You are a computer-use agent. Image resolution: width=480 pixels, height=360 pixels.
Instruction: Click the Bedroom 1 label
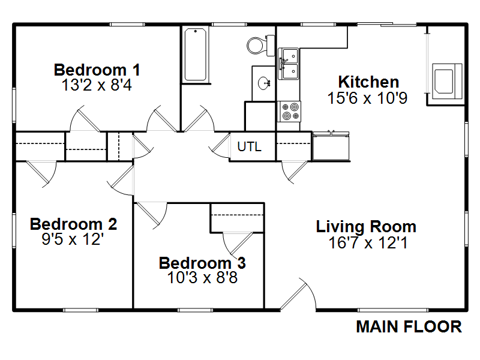tap(97, 70)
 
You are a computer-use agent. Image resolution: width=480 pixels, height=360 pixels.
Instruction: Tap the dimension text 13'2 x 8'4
tap(97, 85)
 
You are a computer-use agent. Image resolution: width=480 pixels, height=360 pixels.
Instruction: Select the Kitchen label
tap(368, 82)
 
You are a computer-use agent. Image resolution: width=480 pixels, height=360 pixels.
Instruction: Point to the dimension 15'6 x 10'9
tap(367, 98)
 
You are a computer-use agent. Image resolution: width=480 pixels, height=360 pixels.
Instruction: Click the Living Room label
tap(366, 227)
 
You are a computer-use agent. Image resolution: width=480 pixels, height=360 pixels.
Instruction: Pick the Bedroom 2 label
tap(73, 224)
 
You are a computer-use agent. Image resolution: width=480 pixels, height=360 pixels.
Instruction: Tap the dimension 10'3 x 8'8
tap(202, 278)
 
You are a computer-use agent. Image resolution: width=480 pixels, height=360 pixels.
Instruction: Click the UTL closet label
tap(250, 146)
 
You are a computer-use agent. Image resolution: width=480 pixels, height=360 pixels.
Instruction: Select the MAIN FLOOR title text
tap(409, 326)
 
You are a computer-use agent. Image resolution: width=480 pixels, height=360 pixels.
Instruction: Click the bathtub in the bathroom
tap(196, 55)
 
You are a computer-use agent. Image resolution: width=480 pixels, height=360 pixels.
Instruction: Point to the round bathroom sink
tap(263, 83)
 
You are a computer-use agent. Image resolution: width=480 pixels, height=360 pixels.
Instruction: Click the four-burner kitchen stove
tap(289, 112)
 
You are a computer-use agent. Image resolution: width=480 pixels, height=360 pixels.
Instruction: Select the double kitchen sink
tap(289, 64)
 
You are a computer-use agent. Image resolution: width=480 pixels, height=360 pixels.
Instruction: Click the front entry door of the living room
tap(298, 295)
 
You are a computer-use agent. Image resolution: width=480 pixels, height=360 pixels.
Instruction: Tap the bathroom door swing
tap(199, 119)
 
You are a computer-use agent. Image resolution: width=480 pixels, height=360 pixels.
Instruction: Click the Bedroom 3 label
tap(202, 263)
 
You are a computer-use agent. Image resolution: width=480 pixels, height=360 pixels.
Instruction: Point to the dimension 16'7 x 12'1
tap(368, 243)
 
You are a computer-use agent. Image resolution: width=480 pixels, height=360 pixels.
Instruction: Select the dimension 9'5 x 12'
tap(73, 239)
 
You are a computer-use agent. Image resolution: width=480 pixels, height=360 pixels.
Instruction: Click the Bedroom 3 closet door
tap(238, 244)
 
